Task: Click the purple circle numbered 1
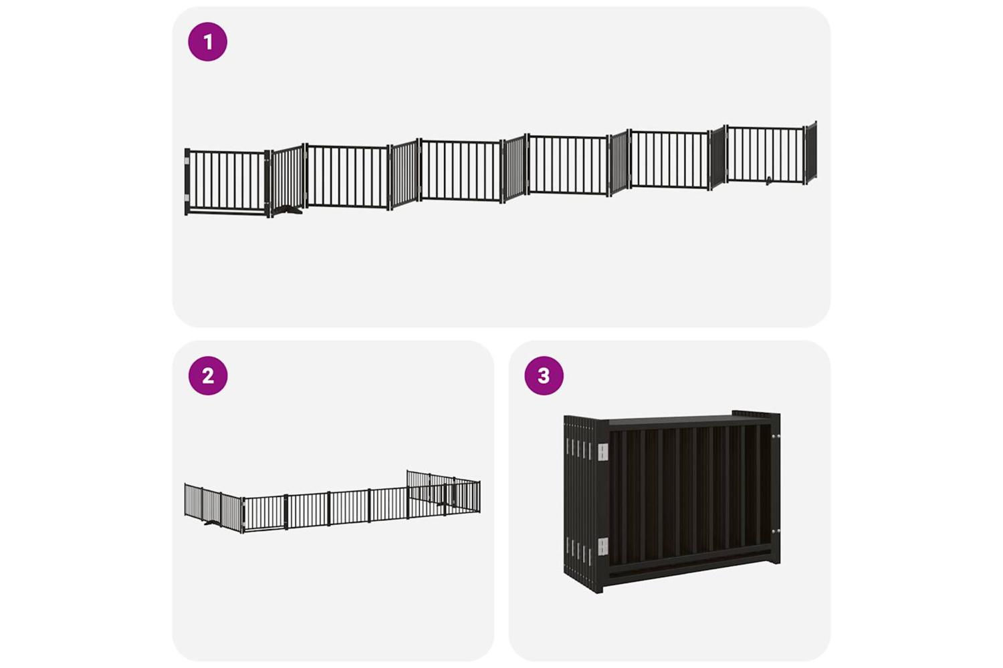[208, 41]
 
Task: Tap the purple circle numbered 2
[208, 375]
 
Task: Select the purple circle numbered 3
[544, 375]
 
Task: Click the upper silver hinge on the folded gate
[603, 452]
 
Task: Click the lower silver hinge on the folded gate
[603, 546]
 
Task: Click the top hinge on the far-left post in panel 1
[187, 160]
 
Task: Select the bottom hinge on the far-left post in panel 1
[187, 198]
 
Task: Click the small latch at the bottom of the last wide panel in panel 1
[768, 181]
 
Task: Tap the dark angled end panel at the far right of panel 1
[811, 152]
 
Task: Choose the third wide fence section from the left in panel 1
[461, 170]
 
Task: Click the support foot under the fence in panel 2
[212, 522]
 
